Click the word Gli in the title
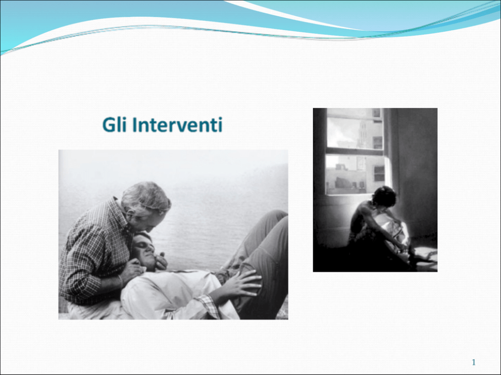114,124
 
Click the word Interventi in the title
177,124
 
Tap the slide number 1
474,362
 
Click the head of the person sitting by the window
384,197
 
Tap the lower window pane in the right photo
355,174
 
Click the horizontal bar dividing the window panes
355,152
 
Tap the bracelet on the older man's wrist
121,281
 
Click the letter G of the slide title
108,124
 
